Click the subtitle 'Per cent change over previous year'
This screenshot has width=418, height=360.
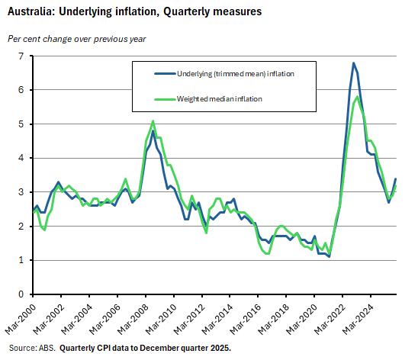point(77,38)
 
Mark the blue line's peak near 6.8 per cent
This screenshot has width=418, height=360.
point(353,63)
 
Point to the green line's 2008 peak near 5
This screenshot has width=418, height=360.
point(153,121)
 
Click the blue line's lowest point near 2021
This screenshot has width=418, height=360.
point(329,257)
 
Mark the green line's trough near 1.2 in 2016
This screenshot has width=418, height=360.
point(268,253)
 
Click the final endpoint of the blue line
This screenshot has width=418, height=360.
point(396,179)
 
